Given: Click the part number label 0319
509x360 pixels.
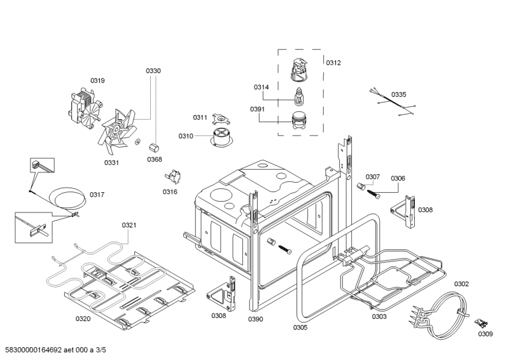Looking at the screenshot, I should (97, 80).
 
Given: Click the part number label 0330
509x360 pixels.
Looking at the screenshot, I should (153, 71).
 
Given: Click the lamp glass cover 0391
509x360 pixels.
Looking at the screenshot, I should (297, 121).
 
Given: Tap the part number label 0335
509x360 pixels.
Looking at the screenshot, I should (398, 94).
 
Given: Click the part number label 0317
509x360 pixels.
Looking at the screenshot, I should (97, 195).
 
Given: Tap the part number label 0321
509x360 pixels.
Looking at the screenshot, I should (129, 225).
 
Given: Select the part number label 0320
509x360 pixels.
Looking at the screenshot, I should (83, 318).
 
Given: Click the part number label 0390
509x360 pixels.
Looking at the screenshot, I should (256, 319).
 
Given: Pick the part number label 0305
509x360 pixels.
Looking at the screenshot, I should (300, 328).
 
